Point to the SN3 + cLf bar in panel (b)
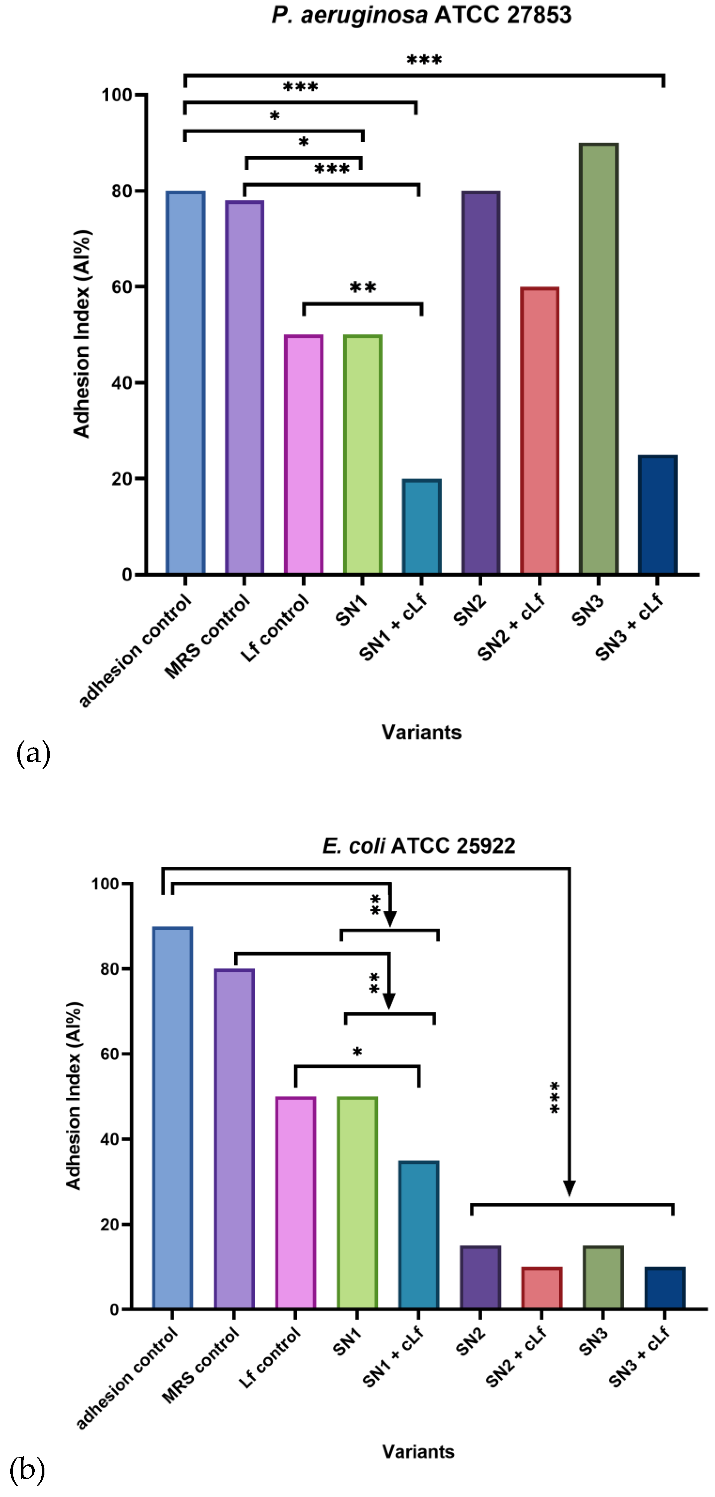coord(665,1288)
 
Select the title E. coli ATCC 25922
coord(418,846)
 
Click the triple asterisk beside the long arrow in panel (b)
coord(555,1097)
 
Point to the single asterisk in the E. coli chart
coord(357,1052)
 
